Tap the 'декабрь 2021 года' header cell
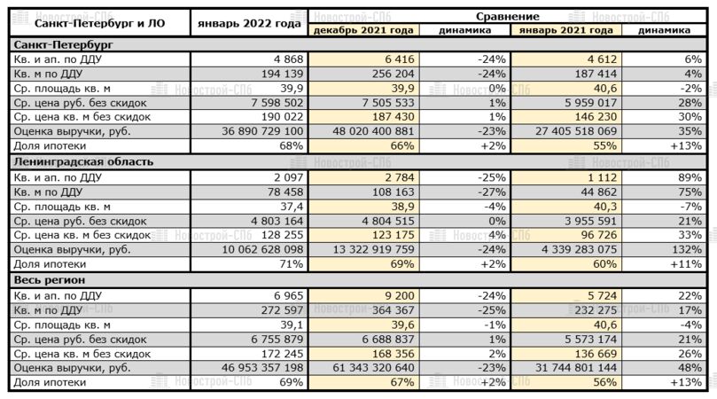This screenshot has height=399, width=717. pyautogui.click(x=363, y=30)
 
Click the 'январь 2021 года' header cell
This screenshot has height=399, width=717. pyautogui.click(x=567, y=30)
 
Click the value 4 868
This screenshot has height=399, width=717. pyautogui.click(x=285, y=59)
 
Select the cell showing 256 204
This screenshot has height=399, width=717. pyautogui.click(x=391, y=74)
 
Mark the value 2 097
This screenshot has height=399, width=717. pyautogui.click(x=285, y=177)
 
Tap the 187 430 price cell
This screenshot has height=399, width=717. pyautogui.click(x=391, y=117)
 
